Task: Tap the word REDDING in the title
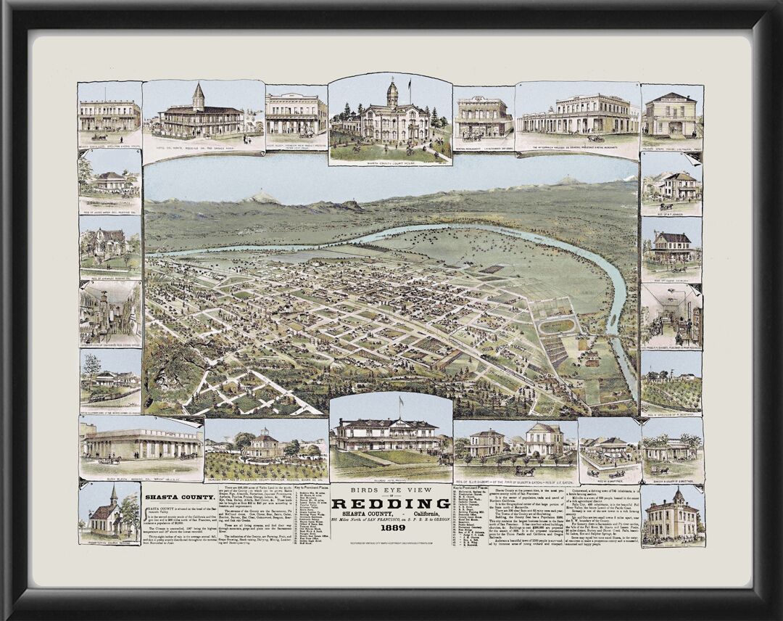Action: pyautogui.click(x=391, y=503)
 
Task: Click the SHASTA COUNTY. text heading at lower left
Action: pyautogui.click(x=172, y=497)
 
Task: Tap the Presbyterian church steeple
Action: pyautogui.click(x=113, y=494)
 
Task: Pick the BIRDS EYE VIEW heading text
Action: pyautogui.click(x=391, y=490)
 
